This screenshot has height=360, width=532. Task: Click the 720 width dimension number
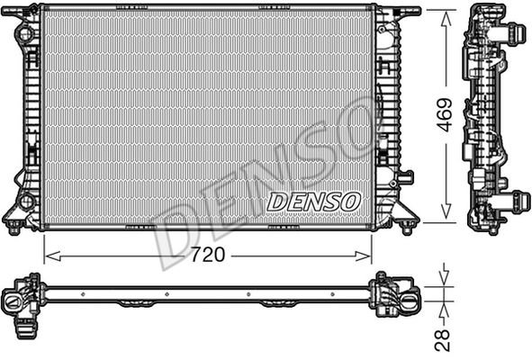pyautogui.click(x=208, y=256)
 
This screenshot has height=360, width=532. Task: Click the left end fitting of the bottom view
pyautogui.click(x=20, y=299)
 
